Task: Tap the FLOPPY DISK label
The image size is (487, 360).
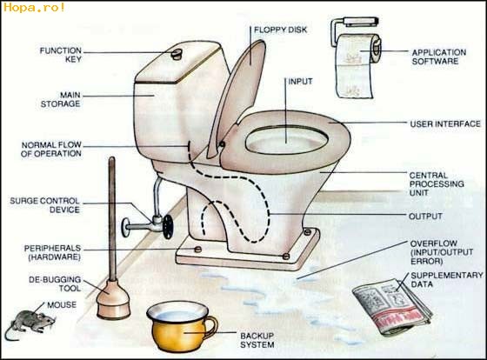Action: [x=280, y=30]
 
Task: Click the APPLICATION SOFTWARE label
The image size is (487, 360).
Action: [x=439, y=57]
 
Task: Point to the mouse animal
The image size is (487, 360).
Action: [x=30, y=323]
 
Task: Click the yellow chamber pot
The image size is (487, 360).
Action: [x=181, y=325]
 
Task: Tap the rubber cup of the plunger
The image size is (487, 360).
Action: [x=113, y=299]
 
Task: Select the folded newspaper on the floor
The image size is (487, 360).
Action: [x=392, y=306]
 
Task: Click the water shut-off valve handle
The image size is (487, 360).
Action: [x=168, y=226]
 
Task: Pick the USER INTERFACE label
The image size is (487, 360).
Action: [x=445, y=124]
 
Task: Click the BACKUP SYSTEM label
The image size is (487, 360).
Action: [x=257, y=340]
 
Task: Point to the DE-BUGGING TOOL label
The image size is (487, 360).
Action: [x=55, y=283]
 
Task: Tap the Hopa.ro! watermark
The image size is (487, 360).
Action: [x=34, y=7]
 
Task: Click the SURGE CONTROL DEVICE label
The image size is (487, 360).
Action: [x=44, y=205]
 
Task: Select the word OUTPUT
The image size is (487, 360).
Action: [x=425, y=217]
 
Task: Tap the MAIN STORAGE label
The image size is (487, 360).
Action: [x=61, y=99]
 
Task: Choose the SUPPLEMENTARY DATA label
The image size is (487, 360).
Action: [x=447, y=279]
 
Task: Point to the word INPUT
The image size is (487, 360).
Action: [x=300, y=82]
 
